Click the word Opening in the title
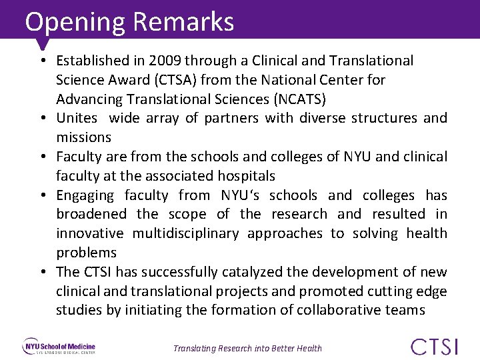tap(75, 22)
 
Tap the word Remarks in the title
tap(183, 22)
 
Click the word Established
tap(94, 61)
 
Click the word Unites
tap(77, 119)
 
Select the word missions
tap(83, 137)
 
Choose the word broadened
tap(91, 215)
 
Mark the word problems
tap(86, 253)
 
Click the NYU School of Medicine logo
tap(60, 347)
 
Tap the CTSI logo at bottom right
tap(435, 347)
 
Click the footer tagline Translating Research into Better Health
tap(247, 348)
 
